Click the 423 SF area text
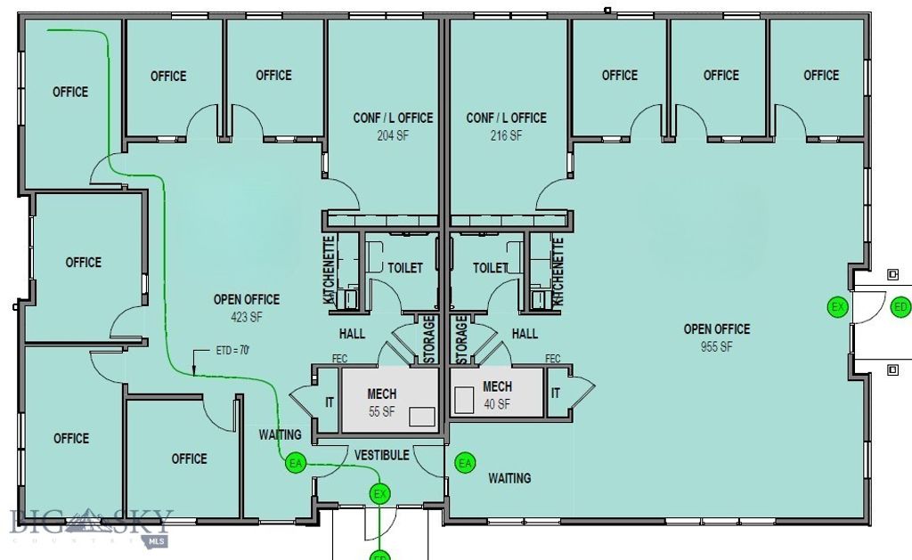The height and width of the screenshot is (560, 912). click(x=246, y=316)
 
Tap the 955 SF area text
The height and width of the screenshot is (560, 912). click(x=716, y=346)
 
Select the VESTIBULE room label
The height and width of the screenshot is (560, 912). click(x=381, y=455)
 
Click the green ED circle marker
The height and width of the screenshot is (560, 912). click(x=900, y=307)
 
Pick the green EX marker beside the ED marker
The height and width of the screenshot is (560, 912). click(x=837, y=307)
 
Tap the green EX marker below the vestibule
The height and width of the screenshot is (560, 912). click(x=380, y=493)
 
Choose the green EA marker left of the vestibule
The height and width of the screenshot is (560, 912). click(x=295, y=463)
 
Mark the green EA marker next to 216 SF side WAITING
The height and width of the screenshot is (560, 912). click(x=464, y=463)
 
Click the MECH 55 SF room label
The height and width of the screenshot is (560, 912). click(x=381, y=394)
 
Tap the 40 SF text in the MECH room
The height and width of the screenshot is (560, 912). click(x=497, y=403)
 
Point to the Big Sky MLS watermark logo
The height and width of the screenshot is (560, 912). click(x=89, y=524)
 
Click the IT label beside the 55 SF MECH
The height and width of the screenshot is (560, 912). click(x=330, y=402)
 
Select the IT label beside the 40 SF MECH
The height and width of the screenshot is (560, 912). click(x=556, y=393)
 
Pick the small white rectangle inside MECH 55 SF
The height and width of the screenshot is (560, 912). click(x=422, y=417)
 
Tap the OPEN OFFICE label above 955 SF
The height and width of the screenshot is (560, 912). click(x=716, y=329)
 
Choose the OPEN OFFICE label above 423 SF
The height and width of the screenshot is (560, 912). click(x=246, y=300)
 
